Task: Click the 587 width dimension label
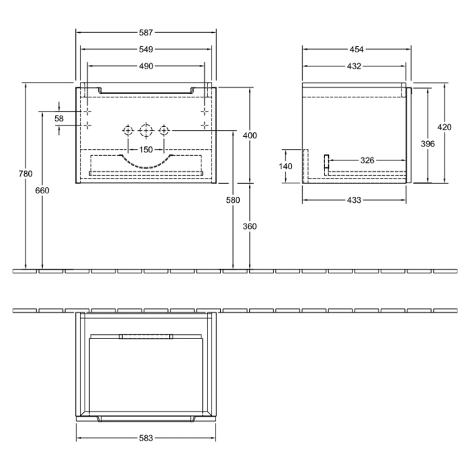click(x=146, y=32)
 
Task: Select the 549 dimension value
click(x=146, y=49)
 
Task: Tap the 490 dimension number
click(x=146, y=66)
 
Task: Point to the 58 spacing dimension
click(x=59, y=118)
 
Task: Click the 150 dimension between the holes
click(x=146, y=149)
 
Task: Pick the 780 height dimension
click(x=26, y=174)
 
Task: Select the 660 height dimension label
click(x=42, y=190)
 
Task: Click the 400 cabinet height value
click(x=250, y=136)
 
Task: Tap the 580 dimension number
click(x=233, y=200)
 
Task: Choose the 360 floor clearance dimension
click(x=250, y=226)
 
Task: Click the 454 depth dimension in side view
click(x=356, y=49)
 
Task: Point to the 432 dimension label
click(x=354, y=66)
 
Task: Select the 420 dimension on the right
click(x=444, y=128)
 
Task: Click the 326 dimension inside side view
click(x=367, y=160)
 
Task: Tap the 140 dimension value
click(x=286, y=166)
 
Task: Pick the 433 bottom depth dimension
click(x=354, y=200)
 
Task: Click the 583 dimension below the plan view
click(x=146, y=438)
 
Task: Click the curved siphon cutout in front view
click(x=146, y=161)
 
